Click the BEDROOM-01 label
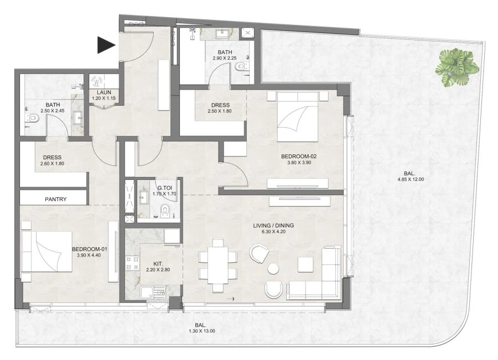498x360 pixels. pos(89,249)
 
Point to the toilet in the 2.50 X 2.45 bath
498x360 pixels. pos(33,118)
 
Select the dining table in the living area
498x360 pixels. pos(218,265)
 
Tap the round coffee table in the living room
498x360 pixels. pos(273,269)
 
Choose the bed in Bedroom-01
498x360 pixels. pos(47,252)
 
